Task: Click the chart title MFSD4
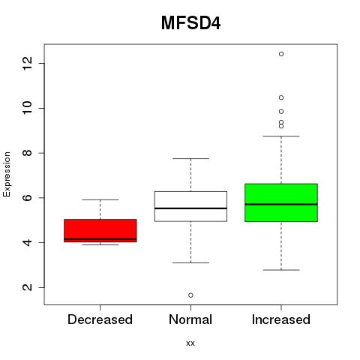(190, 23)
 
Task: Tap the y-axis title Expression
(7, 174)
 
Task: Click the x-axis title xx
(190, 343)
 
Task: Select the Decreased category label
(100, 319)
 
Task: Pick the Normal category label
(190, 319)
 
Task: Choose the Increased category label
(281, 319)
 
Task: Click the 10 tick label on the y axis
(27, 108)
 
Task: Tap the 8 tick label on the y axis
(27, 153)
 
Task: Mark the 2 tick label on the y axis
(27, 287)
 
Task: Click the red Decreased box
(100, 230)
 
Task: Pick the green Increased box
(281, 202)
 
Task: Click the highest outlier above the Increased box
(281, 54)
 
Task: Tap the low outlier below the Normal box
(190, 295)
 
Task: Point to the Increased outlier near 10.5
(281, 97)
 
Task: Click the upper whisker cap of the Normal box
(190, 158)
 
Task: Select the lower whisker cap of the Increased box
(281, 270)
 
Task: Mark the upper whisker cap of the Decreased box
(100, 199)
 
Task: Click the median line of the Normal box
(190, 208)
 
